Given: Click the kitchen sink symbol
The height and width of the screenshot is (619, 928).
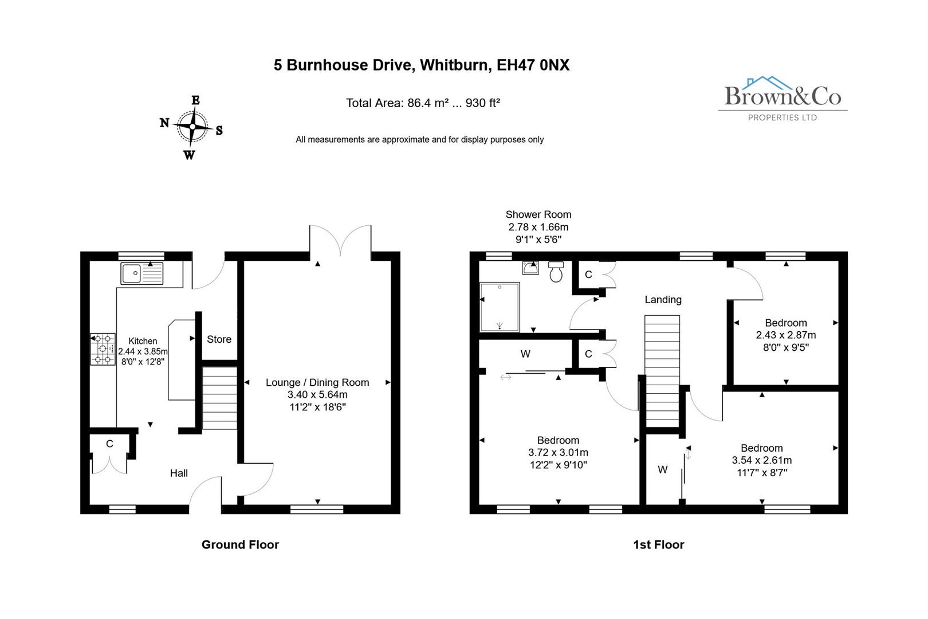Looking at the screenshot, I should [142, 273].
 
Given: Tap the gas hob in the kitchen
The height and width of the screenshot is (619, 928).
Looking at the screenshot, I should [103, 349].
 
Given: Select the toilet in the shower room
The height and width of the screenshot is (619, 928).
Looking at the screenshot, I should [556, 272].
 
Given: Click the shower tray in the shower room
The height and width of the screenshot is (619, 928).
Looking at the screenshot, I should [500, 307].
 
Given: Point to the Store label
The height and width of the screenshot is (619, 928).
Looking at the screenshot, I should [219, 339].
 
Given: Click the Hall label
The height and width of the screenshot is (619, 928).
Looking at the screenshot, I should [179, 473].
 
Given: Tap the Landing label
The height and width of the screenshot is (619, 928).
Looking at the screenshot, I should [663, 299].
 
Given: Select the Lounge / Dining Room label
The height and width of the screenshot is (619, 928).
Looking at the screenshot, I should [317, 382].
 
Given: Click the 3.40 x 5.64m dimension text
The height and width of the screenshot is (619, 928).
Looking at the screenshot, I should [317, 395].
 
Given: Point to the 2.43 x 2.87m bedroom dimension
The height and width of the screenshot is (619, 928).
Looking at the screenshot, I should [785, 335].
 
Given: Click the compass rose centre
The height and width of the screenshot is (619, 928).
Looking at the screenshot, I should [192, 127].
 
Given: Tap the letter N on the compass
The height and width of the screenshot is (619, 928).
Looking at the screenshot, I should [164, 123].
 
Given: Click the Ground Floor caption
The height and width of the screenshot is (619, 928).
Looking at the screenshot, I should [240, 544].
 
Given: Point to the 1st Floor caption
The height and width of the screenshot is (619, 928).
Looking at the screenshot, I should [658, 544].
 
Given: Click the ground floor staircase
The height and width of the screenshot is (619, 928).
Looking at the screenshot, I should [219, 398].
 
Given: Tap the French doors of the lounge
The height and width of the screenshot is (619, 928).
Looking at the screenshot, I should [340, 241].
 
